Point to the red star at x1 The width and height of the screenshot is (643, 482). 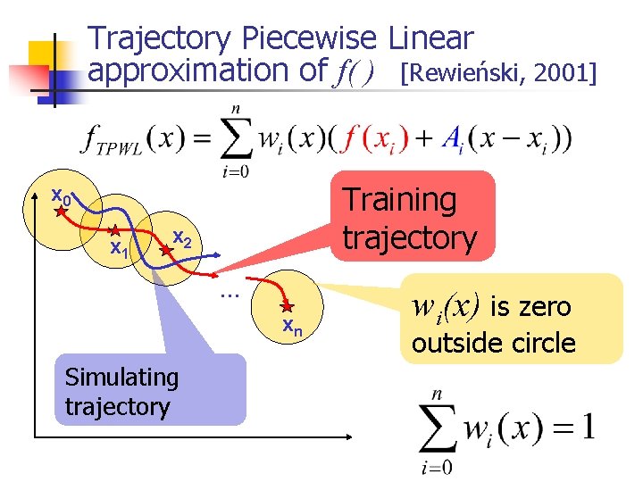114,231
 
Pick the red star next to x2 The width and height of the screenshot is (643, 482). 164,253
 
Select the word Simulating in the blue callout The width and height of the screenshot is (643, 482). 121,378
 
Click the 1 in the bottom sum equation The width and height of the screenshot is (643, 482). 587,428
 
